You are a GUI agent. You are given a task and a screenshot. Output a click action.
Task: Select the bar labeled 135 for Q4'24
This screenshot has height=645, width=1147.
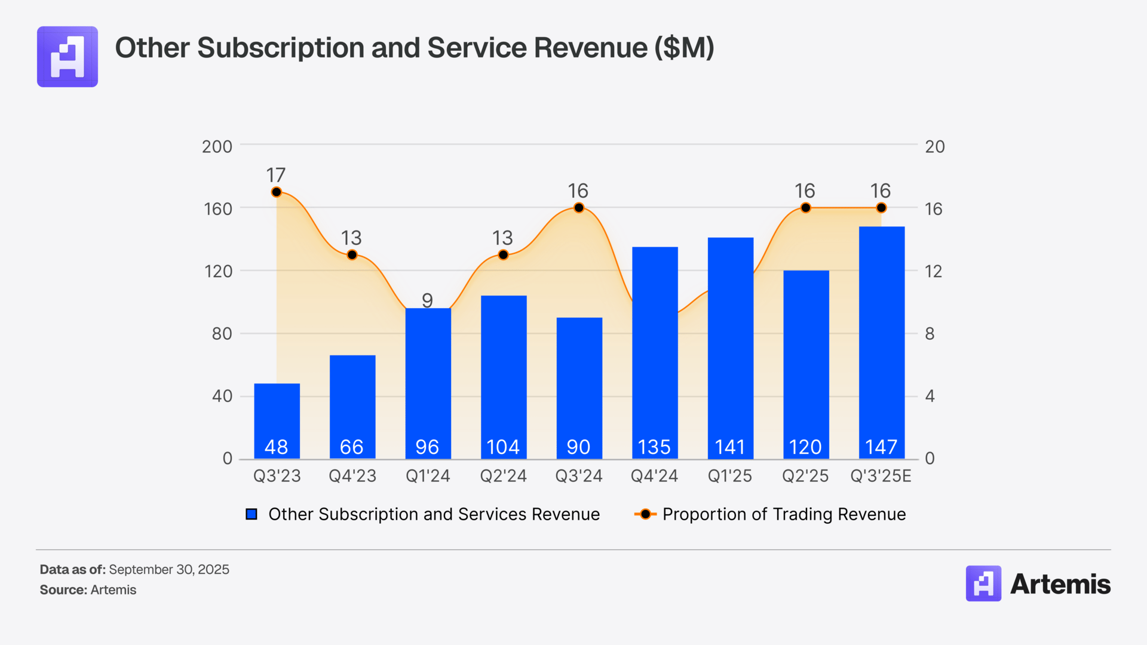tap(655, 352)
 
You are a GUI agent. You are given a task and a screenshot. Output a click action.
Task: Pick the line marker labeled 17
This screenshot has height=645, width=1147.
tap(276, 192)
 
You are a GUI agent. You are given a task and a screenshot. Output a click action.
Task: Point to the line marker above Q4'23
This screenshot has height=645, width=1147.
tap(352, 255)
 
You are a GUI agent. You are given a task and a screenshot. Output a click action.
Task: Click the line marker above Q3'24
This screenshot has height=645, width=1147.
tap(578, 208)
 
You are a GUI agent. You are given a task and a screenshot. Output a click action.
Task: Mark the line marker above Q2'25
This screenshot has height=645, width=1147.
tap(805, 208)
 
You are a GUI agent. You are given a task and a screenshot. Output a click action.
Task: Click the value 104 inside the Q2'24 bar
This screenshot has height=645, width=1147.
tap(503, 447)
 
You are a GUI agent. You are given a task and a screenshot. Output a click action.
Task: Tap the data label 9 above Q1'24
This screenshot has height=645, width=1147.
tap(427, 300)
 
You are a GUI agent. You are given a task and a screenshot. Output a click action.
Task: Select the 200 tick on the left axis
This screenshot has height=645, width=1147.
tap(217, 147)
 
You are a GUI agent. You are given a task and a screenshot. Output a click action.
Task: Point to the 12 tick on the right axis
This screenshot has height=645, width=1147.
tap(933, 272)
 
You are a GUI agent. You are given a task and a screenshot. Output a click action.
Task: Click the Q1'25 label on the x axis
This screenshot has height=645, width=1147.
tap(729, 476)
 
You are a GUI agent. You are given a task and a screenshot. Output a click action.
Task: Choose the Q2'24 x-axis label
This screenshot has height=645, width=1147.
tap(503, 476)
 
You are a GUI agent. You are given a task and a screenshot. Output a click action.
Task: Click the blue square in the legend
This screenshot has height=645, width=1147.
tap(252, 514)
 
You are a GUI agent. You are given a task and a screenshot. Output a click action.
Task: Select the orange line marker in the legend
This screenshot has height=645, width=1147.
tap(645, 514)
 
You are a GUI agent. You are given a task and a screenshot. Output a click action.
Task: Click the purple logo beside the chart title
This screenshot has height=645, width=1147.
tap(68, 57)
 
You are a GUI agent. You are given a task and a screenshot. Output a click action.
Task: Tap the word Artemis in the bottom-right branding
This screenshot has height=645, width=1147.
tap(1060, 584)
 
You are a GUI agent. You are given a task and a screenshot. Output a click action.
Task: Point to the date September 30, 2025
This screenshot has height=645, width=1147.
tap(169, 570)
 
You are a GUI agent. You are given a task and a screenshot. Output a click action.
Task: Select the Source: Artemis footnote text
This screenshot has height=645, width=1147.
tap(88, 590)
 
